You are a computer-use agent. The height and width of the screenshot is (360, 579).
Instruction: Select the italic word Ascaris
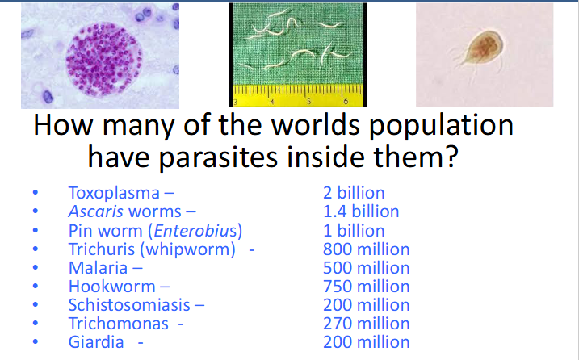pos(96,212)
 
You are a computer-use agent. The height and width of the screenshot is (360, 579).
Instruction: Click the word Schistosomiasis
pos(130,305)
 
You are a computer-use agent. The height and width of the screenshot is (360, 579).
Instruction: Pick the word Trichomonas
pos(118,324)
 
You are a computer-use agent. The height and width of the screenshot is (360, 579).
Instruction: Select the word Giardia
pos(96,342)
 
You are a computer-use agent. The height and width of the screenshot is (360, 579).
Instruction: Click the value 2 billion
pos(354,194)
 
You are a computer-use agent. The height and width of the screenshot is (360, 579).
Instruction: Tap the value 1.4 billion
pos(361,212)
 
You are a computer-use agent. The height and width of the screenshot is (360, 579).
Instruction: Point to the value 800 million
pos(366,249)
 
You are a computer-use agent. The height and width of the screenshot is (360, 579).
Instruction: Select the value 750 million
pos(366,287)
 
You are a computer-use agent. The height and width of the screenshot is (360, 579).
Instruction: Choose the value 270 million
pos(366,324)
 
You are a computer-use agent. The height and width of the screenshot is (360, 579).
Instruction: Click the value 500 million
pos(366,268)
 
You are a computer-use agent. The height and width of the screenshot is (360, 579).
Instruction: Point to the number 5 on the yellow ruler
pos(308,102)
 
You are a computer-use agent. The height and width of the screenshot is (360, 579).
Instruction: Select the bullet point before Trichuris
pos(36,250)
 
